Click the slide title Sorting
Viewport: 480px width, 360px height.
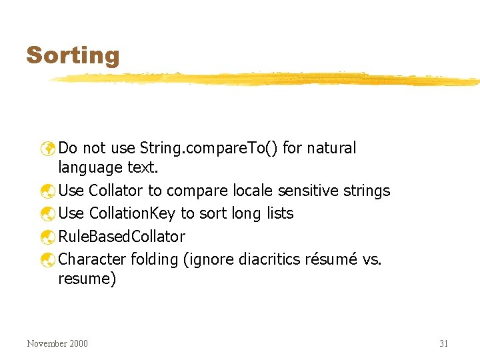[73, 55]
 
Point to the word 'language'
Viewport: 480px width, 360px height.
[90, 167]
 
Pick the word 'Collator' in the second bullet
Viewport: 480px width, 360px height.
[115, 191]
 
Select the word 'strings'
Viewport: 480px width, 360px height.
[367, 191]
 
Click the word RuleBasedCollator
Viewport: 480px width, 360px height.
[122, 236]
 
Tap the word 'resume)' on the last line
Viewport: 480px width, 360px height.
[87, 279]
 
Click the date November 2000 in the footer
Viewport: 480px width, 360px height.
[57, 343]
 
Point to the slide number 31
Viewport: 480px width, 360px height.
[443, 343]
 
